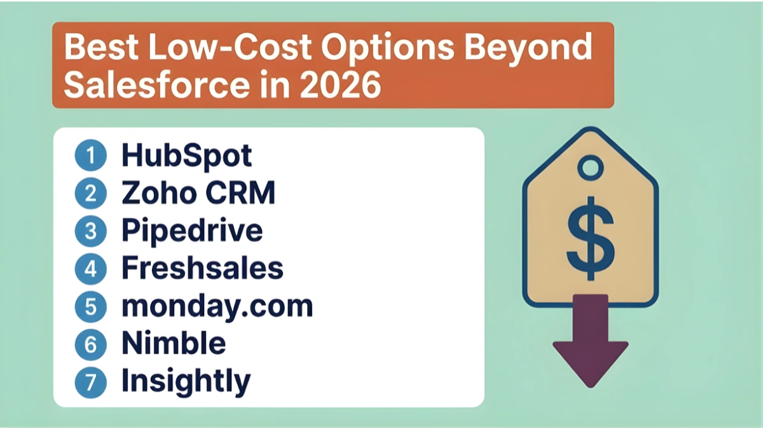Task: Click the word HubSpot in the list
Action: (x=186, y=156)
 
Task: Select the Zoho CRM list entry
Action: (x=198, y=194)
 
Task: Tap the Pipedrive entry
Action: (x=192, y=231)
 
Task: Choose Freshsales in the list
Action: (x=202, y=268)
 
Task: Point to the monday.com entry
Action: (x=217, y=306)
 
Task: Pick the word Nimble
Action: (x=174, y=343)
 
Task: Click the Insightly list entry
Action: (x=186, y=381)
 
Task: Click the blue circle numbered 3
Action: (x=90, y=232)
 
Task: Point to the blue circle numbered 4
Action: (x=90, y=269)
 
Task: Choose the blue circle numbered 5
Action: (x=90, y=306)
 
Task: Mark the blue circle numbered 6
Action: (x=90, y=344)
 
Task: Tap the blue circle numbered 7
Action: (x=90, y=381)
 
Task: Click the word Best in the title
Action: (x=98, y=48)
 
